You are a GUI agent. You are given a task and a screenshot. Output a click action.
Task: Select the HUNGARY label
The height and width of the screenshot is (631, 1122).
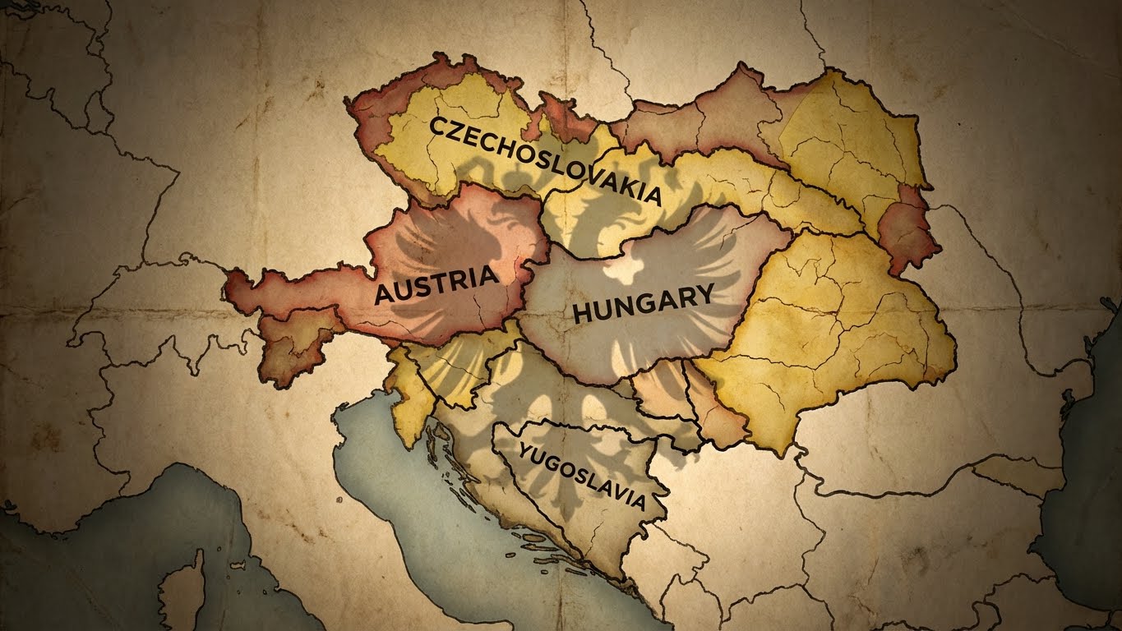click(x=642, y=302)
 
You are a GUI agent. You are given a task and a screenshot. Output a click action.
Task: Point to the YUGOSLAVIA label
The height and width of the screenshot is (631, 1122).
click(x=581, y=476)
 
